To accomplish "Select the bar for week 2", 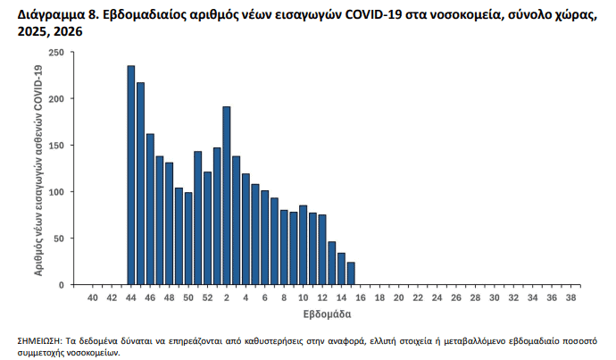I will [x=227, y=196].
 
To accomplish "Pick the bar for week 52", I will [x=207, y=228].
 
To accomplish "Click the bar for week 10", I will [x=304, y=245].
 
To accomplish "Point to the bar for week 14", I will [x=341, y=269].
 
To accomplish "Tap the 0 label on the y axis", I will [x=61, y=285].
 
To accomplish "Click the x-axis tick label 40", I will [x=93, y=297].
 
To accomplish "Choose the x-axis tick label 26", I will [x=456, y=297].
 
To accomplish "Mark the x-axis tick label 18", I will [x=379, y=297].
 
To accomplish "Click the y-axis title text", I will [x=39, y=169].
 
